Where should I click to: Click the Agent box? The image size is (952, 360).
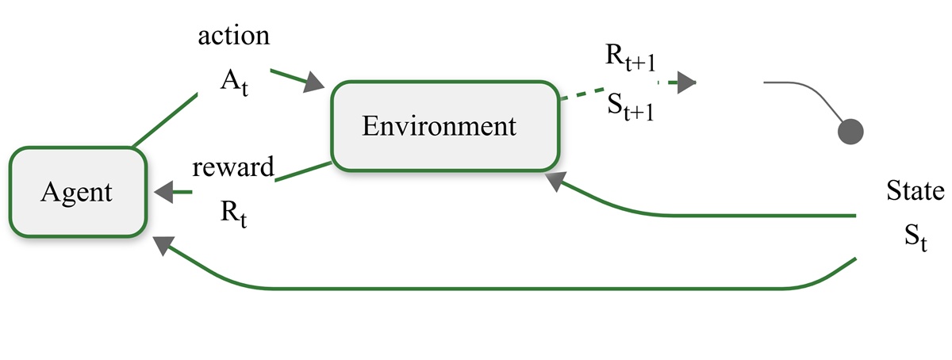click(79, 192)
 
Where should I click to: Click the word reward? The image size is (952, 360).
click(233, 167)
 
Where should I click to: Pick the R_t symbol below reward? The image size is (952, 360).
click(232, 213)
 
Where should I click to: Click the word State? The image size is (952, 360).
click(916, 192)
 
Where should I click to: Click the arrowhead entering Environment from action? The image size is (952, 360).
click(315, 82)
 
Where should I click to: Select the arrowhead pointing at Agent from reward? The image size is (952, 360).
click(165, 191)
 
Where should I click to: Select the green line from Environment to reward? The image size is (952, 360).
click(301, 172)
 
